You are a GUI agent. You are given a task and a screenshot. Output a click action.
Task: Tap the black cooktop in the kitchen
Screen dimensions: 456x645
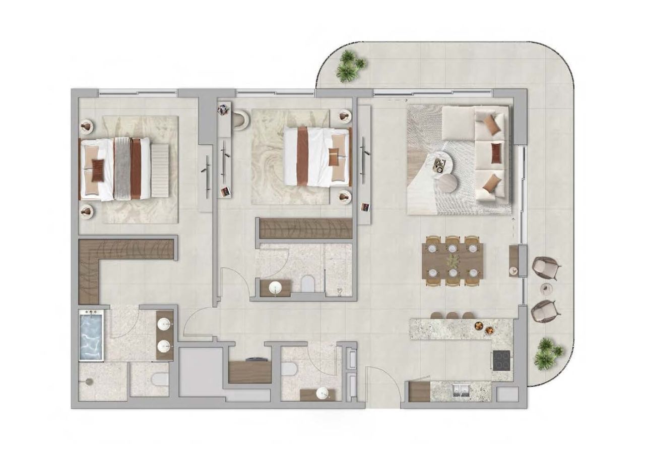[502, 360]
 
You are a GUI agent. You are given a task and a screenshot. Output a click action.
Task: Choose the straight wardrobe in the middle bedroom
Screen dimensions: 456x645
[305, 229]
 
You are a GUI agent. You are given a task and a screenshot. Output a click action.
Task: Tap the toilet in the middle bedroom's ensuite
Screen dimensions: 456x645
[307, 283]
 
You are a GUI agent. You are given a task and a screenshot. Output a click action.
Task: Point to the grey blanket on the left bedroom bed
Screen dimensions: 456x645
[121, 168]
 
